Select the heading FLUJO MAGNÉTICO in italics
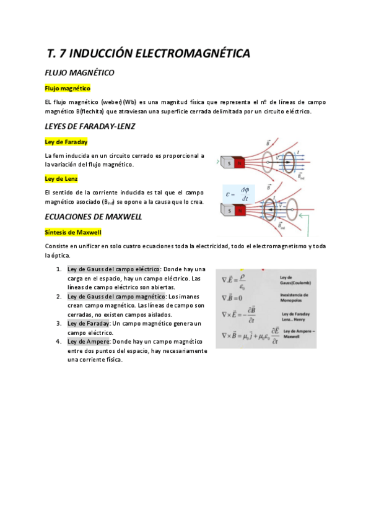79,73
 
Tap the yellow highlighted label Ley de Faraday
66,142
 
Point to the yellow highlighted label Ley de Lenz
61,179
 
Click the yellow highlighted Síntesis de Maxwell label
73,232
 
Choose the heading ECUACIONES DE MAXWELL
94,217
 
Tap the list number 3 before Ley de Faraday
58,323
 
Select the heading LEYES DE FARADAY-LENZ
90,126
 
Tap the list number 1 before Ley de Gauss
58,269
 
